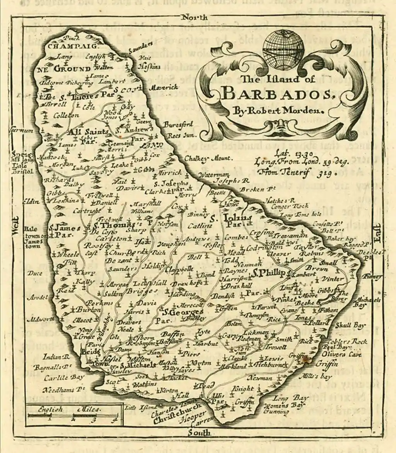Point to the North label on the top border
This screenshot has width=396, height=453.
tap(195, 17)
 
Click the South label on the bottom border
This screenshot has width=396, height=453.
tap(199, 433)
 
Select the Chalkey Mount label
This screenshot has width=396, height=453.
tap(208, 158)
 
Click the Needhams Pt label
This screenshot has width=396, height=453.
tap(58, 390)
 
